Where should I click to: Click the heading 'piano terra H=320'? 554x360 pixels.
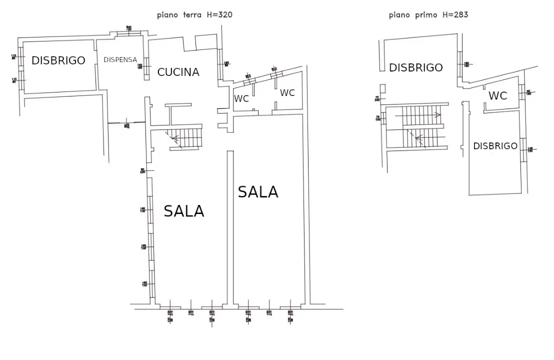point(194,15)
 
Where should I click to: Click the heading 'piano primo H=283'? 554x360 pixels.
point(428,15)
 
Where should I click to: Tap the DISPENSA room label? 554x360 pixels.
point(120,59)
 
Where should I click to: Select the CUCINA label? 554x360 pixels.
point(178,72)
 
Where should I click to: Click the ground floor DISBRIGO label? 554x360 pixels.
point(58,60)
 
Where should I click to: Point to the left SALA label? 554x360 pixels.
point(184,211)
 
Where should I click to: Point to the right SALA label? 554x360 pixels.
point(258,191)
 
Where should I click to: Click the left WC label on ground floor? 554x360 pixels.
point(242,98)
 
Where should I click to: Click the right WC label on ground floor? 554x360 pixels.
point(287,92)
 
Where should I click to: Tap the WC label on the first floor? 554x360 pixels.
point(497,95)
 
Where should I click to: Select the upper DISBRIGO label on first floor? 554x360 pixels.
point(416,67)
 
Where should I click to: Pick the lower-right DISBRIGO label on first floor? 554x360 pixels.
point(495,146)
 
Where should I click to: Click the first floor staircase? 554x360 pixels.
point(417,126)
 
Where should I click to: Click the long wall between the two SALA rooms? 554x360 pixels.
point(230,227)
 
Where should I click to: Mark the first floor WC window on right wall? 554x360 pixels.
point(522,92)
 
